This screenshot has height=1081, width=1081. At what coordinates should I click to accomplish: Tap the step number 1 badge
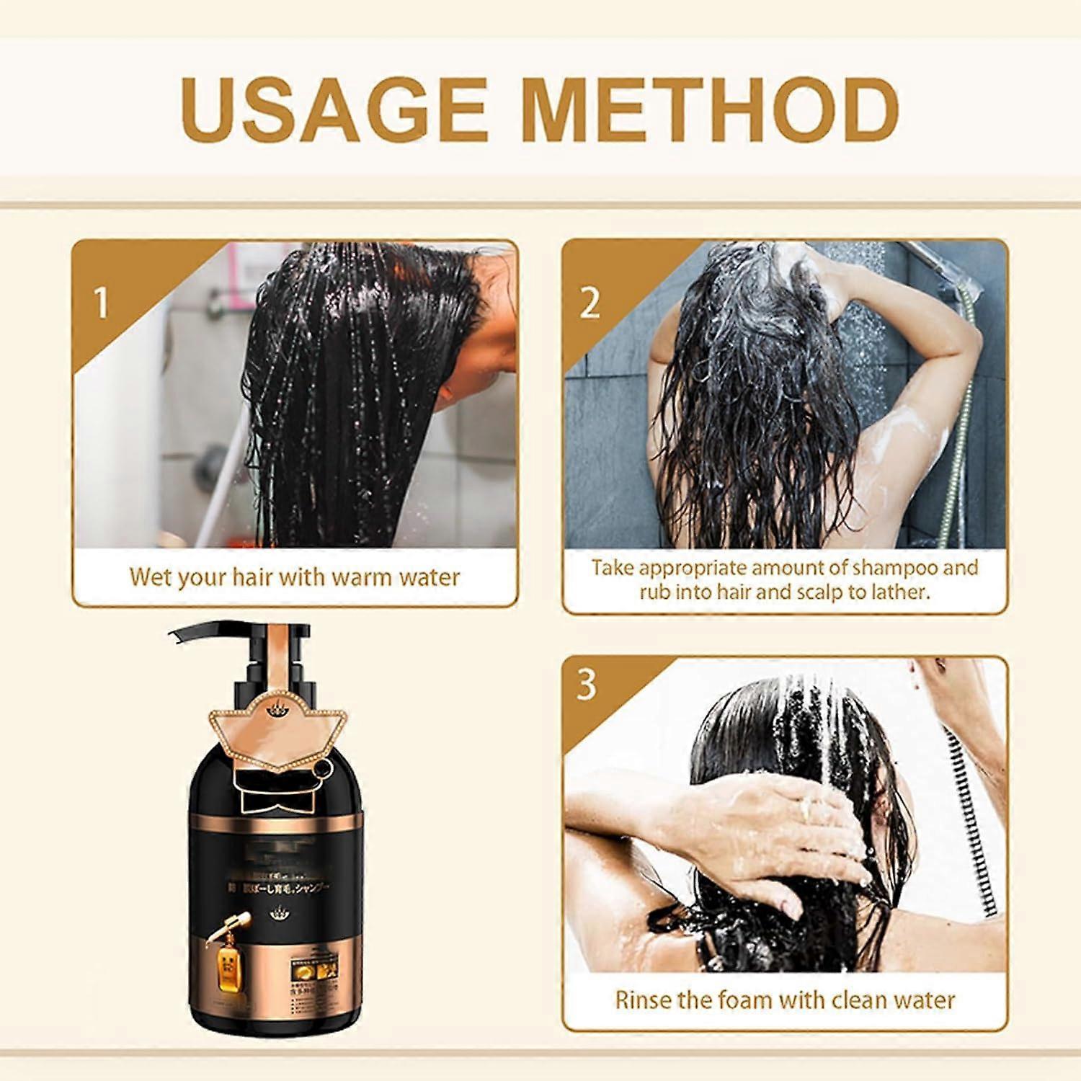pos(101,302)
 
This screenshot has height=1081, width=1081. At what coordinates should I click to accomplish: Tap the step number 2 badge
pos(590,302)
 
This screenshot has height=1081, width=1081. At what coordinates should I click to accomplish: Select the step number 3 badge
pos(587,684)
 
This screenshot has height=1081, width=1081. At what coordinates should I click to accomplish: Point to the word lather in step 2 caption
pos(899,592)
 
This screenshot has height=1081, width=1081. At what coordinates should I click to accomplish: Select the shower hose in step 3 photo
pos(973,822)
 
